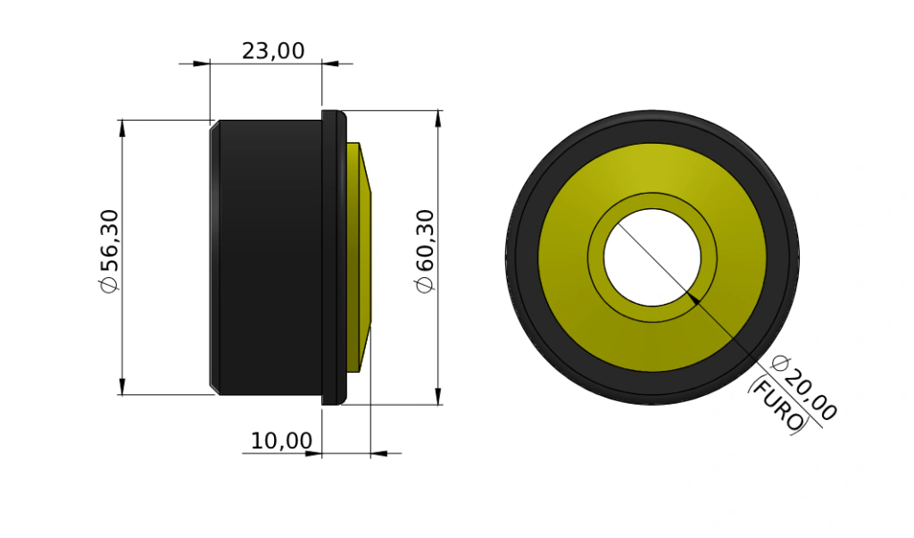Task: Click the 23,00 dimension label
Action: tap(273, 51)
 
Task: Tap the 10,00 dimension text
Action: tap(281, 441)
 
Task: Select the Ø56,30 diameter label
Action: tap(109, 251)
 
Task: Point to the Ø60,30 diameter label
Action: tap(425, 251)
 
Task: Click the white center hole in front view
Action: tap(652, 257)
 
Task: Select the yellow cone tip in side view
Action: tap(359, 257)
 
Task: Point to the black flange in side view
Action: tap(334, 257)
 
